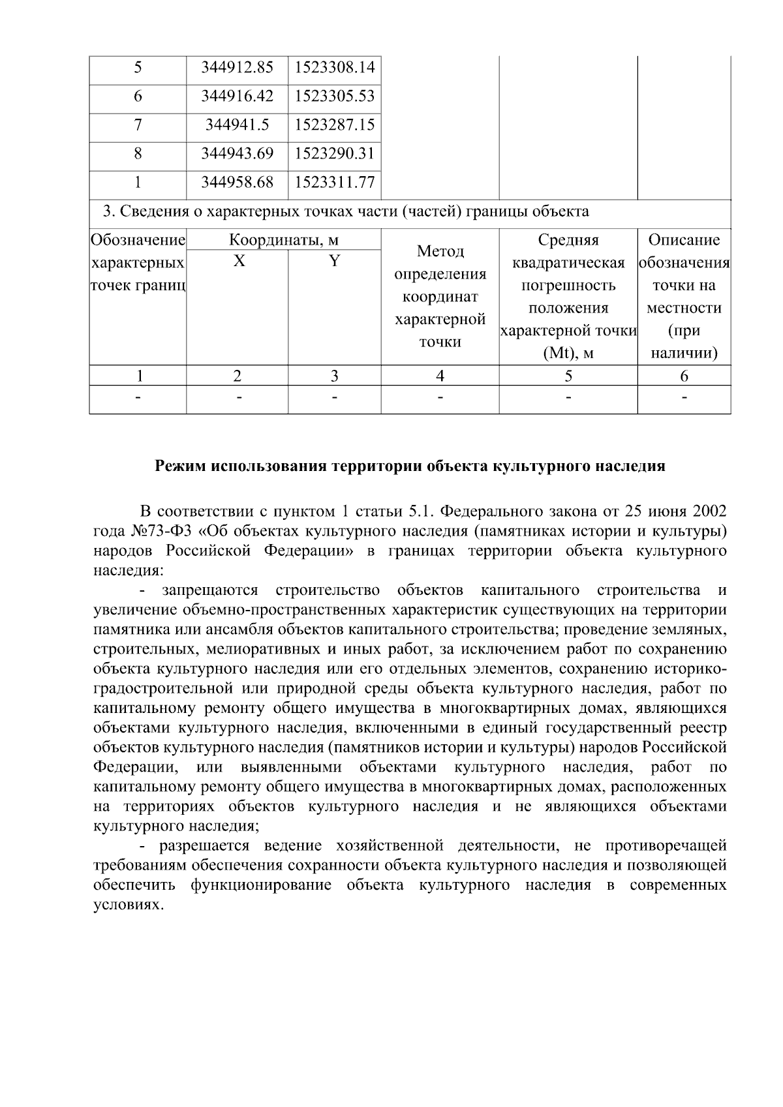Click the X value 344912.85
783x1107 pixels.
[237, 67]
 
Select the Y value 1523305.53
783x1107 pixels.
[334, 96]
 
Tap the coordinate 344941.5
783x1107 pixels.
[237, 125]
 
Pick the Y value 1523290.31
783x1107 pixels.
[334, 153]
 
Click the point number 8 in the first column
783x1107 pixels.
[138, 153]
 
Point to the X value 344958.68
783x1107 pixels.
[237, 182]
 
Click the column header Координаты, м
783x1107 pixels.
[283, 240]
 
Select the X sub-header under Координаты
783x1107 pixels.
[239, 262]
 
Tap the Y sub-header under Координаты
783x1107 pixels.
[334, 262]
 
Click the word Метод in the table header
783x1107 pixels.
[440, 251]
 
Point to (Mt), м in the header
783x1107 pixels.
[568, 354]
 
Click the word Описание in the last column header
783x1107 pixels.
[684, 240]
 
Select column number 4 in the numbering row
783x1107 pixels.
[440, 376]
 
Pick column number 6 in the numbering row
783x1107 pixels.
[684, 376]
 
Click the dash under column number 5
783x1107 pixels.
[568, 397]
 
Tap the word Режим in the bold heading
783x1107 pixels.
[178, 466]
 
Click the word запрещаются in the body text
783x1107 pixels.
[210, 591]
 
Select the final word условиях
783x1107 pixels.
[127, 906]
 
